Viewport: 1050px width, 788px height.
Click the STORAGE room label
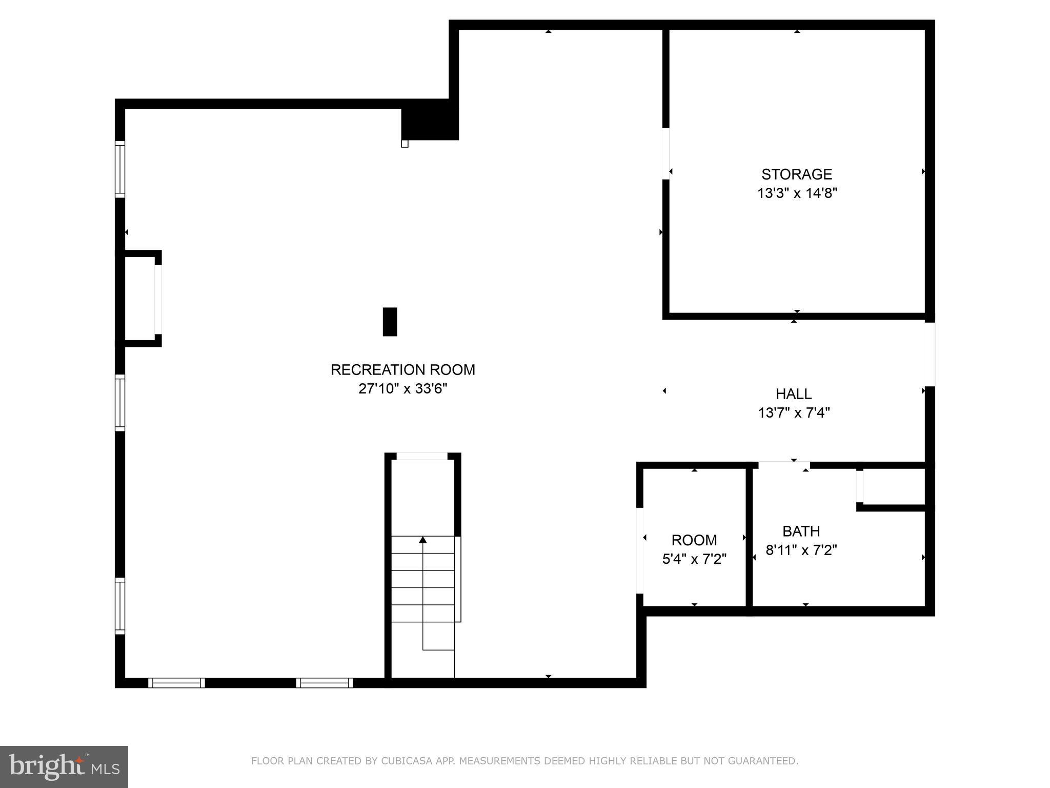(796, 174)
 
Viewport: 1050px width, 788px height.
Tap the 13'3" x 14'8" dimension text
(797, 193)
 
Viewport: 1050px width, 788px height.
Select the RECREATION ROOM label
(402, 370)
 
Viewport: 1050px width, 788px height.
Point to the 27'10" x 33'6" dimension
(402, 389)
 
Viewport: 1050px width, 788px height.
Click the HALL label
(793, 394)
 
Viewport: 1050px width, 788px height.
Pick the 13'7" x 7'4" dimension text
(794, 412)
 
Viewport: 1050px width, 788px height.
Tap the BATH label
(801, 531)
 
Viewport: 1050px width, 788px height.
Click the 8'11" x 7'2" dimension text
(801, 550)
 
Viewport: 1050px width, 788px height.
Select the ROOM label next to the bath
(694, 540)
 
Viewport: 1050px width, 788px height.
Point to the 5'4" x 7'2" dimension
(694, 559)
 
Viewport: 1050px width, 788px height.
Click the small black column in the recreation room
(390, 322)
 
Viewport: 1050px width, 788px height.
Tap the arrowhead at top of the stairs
(422, 540)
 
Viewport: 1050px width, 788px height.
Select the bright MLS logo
(64, 766)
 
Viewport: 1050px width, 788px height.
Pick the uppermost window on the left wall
(119, 169)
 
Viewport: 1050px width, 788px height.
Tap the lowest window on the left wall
(119, 606)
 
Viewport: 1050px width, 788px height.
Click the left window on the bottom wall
(176, 683)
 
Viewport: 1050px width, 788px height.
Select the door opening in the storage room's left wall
(665, 153)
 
